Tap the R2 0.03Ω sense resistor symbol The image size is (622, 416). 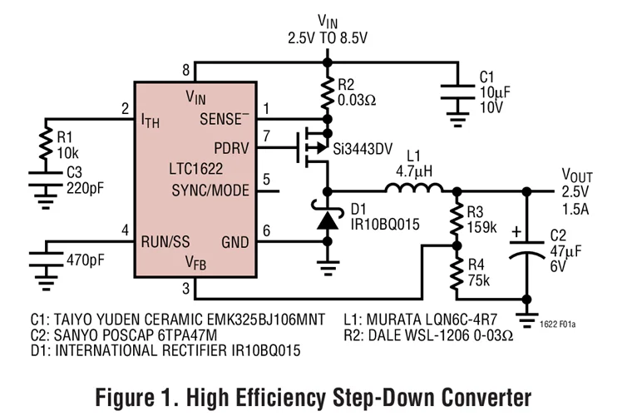(x=327, y=97)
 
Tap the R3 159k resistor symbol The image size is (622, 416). (x=456, y=218)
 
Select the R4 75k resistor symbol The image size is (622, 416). (x=456, y=272)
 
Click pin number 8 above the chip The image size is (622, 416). (x=187, y=70)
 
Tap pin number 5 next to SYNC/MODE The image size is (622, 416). (x=266, y=179)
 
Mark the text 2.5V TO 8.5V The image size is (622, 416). (x=327, y=37)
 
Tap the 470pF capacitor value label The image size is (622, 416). (x=85, y=259)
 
